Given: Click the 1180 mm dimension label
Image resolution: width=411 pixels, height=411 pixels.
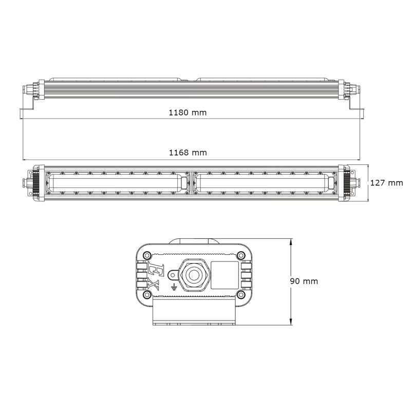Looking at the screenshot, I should pyautogui.click(x=188, y=113).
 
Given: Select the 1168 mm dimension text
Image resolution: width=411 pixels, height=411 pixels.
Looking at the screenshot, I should pyautogui.click(x=188, y=153).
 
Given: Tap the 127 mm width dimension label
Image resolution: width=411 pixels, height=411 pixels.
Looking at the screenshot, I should pyautogui.click(x=386, y=183).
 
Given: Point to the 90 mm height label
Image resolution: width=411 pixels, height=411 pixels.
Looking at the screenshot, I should pyautogui.click(x=303, y=281).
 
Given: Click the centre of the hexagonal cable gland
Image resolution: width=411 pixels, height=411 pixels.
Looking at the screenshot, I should pyautogui.click(x=193, y=274).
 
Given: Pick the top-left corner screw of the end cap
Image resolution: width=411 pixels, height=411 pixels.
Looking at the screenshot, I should pyautogui.click(x=147, y=254).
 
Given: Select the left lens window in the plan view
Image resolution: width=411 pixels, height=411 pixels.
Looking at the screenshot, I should pyautogui.click(x=116, y=183).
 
